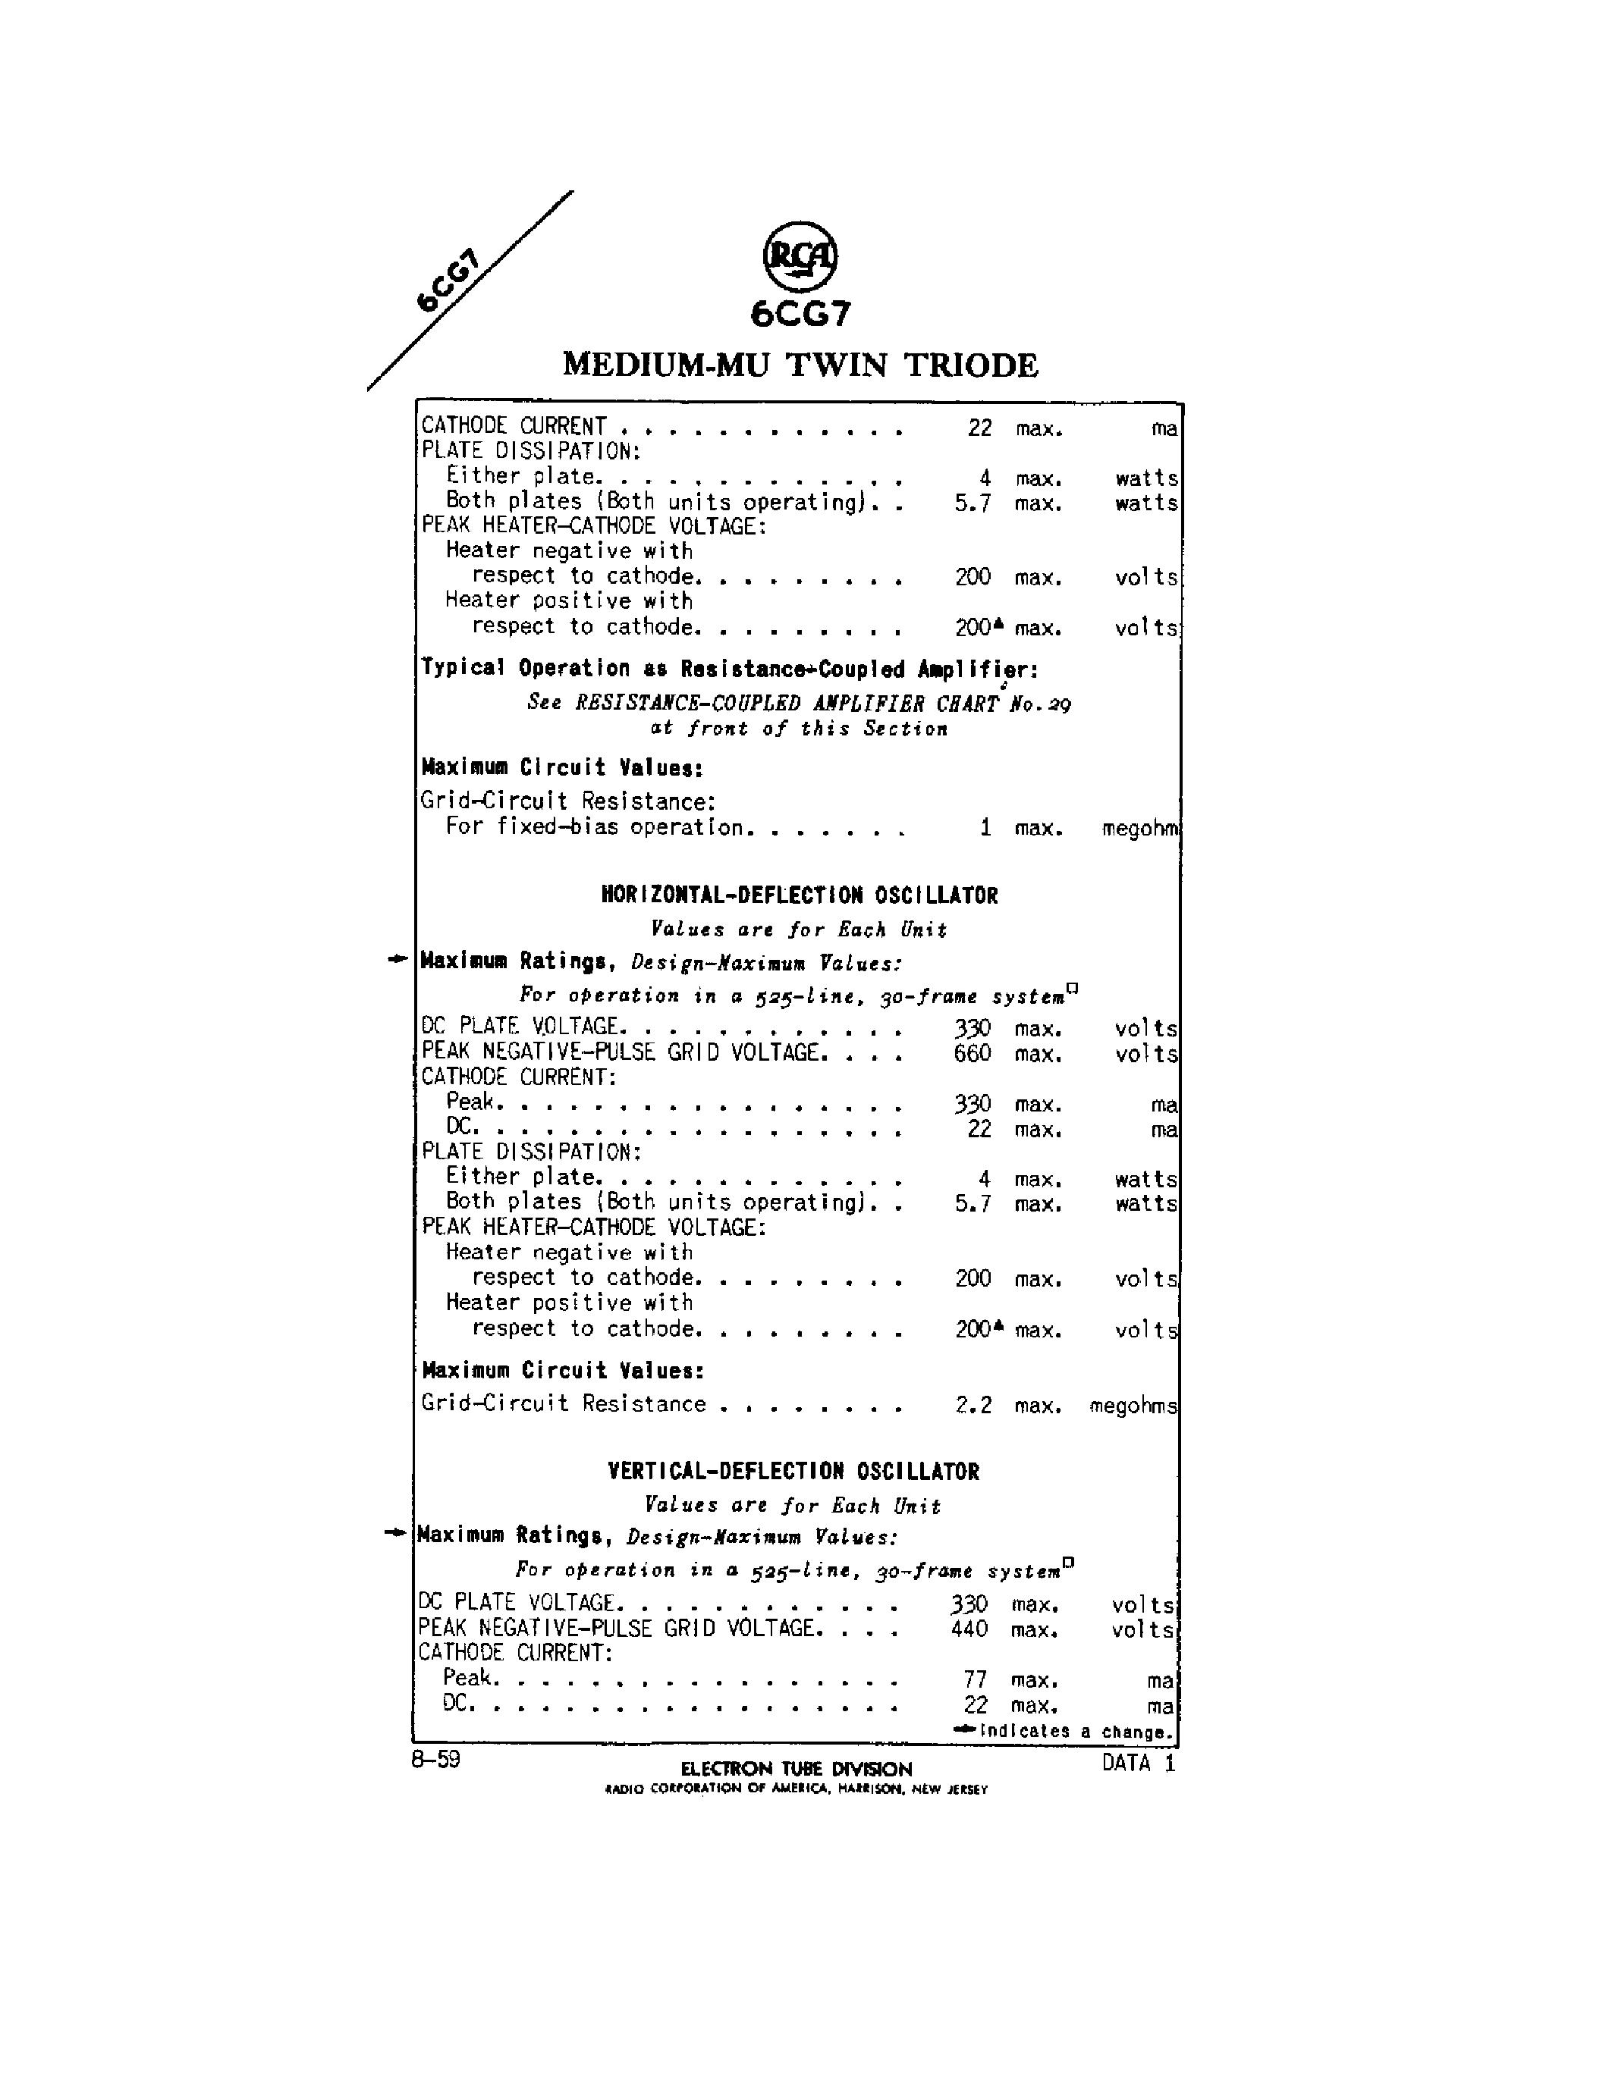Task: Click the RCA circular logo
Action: tap(800, 256)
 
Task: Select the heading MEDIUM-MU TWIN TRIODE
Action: tap(800, 365)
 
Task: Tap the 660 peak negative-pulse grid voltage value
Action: tap(973, 1054)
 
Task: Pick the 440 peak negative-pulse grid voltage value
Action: tap(969, 1629)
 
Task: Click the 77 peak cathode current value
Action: tap(974, 1679)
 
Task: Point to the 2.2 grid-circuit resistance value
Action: tap(973, 1405)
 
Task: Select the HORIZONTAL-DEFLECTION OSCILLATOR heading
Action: tap(800, 895)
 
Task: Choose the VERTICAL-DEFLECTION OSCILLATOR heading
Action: tap(793, 1471)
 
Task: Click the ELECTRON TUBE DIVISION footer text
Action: tap(797, 1769)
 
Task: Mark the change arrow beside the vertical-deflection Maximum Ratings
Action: tap(394, 1533)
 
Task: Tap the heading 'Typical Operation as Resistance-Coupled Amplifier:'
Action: tap(730, 668)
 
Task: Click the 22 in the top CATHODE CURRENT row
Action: tap(980, 428)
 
